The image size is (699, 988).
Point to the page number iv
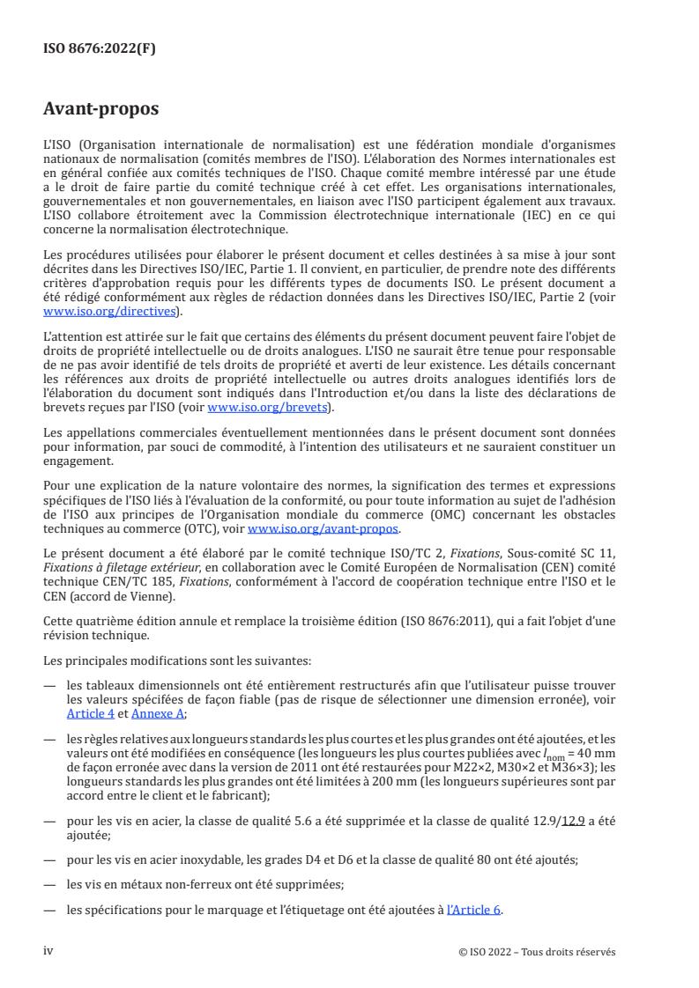click(49, 951)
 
